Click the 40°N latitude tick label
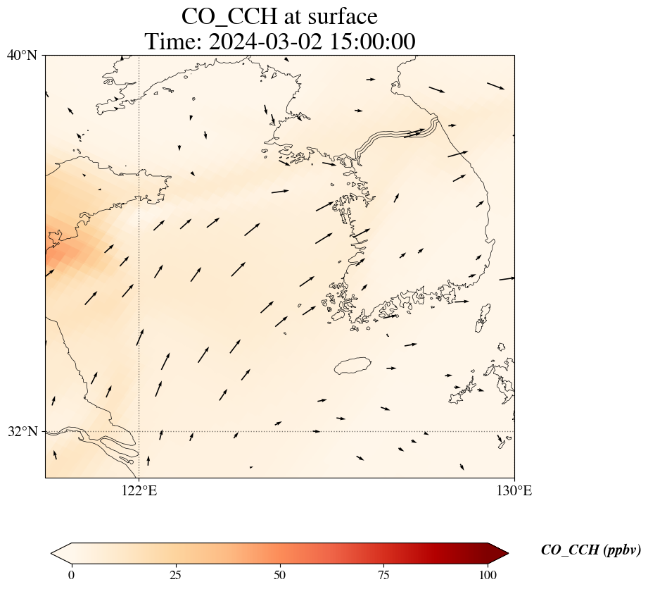click(x=22, y=55)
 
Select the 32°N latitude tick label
click(x=22, y=431)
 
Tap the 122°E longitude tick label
click(x=139, y=491)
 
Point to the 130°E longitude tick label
click(x=515, y=491)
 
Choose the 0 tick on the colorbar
click(x=71, y=574)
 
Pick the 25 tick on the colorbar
click(x=175, y=574)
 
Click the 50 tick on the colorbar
click(x=280, y=574)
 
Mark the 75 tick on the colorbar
click(x=384, y=574)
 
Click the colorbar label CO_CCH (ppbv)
click(x=590, y=550)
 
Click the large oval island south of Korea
click(x=352, y=366)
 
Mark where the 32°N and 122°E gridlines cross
click(x=139, y=431)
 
